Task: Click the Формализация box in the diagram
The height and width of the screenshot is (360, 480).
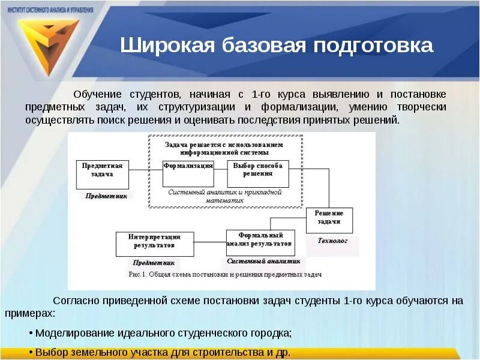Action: (x=188, y=174)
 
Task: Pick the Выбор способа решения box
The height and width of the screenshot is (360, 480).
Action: (x=257, y=174)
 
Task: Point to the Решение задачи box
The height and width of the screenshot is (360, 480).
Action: (x=329, y=220)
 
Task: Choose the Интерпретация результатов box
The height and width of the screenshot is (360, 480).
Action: (x=155, y=244)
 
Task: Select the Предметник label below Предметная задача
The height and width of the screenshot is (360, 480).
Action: (x=106, y=196)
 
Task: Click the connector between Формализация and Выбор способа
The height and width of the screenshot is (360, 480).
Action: (x=220, y=170)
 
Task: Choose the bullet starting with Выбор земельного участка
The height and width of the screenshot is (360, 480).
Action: (x=162, y=352)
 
